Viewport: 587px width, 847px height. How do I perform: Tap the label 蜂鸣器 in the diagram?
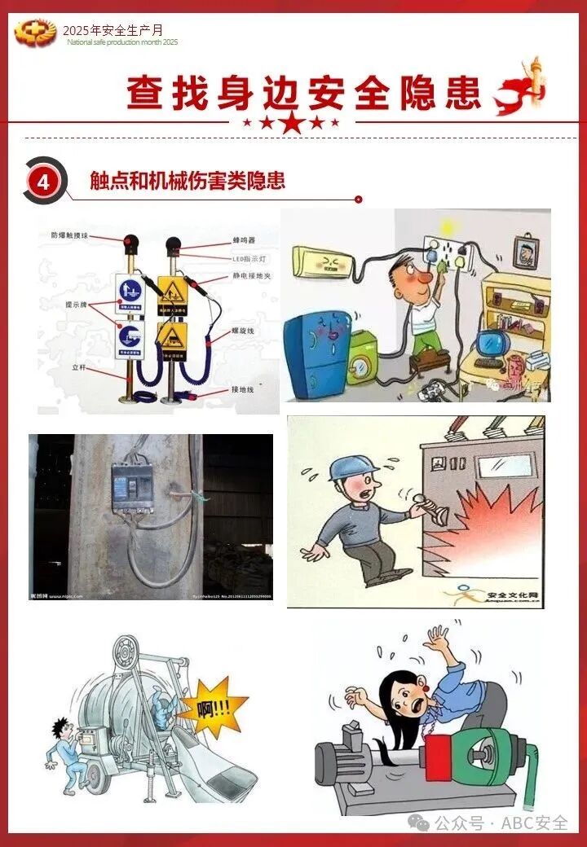[245, 240]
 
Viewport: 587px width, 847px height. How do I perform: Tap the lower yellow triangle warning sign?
[173, 335]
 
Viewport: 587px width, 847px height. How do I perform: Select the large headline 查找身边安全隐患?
[304, 94]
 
